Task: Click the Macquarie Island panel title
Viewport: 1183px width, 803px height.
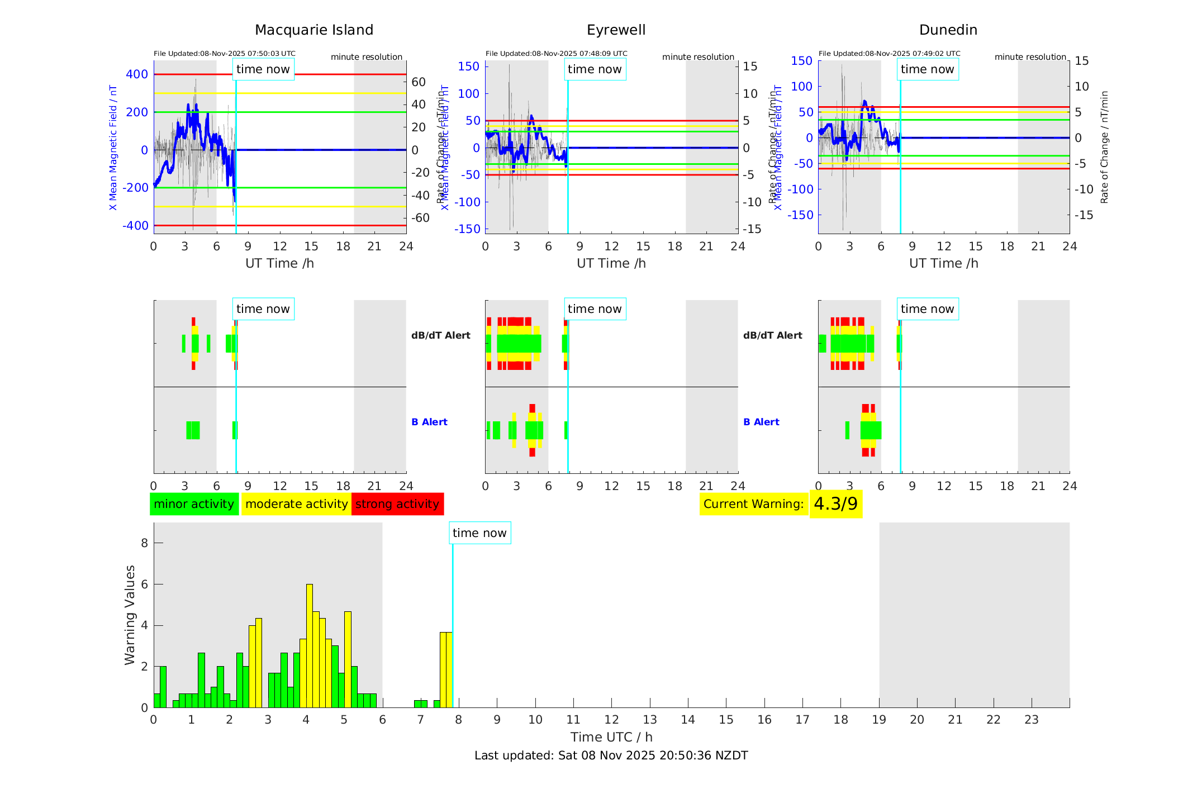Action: (314, 30)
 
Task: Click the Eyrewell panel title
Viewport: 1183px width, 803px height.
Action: (616, 30)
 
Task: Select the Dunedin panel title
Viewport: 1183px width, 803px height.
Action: (948, 30)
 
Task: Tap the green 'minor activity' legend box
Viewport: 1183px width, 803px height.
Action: (194, 504)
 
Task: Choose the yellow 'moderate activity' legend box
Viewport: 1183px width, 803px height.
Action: (296, 504)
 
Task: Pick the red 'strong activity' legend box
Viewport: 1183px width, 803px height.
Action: (397, 504)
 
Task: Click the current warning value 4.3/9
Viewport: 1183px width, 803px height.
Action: (835, 504)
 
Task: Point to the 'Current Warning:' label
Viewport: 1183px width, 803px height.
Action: (753, 504)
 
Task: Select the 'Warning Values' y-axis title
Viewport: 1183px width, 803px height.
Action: (130, 615)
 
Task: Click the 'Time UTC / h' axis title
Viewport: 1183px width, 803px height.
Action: (611, 737)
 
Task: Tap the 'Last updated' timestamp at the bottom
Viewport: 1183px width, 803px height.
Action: (611, 756)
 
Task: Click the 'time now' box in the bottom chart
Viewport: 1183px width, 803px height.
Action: (479, 533)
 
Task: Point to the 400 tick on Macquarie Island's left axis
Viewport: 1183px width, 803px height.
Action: (137, 74)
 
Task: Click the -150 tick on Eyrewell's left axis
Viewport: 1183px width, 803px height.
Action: (467, 229)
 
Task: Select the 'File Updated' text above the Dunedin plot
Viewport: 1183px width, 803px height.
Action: (889, 54)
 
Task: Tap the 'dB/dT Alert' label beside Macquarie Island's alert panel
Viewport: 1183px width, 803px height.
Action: (441, 335)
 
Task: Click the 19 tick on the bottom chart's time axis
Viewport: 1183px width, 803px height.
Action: (879, 720)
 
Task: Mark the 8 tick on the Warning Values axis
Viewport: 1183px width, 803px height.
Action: (145, 543)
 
